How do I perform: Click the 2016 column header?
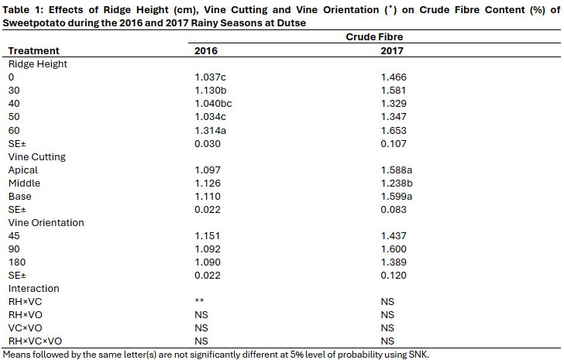tap(205, 50)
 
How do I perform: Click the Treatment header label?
tap(33, 50)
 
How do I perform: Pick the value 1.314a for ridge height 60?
tap(211, 130)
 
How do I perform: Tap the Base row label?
tap(19, 196)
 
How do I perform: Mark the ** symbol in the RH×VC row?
tap(199, 302)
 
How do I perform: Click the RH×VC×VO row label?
tap(35, 341)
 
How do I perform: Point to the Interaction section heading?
tap(33, 288)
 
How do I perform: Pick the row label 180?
tap(16, 262)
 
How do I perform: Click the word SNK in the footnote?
tap(416, 354)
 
